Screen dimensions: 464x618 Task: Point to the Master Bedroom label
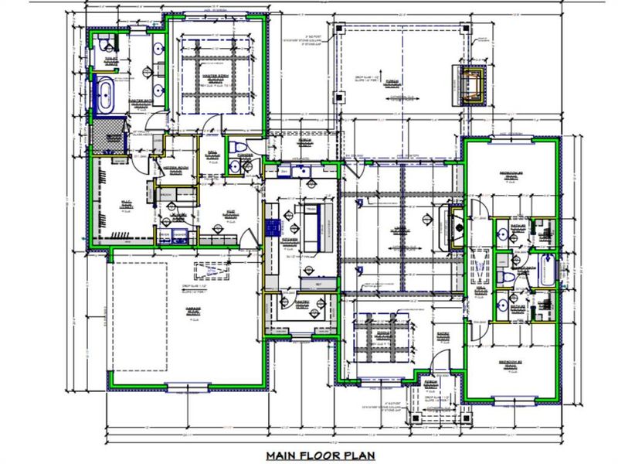[218, 78]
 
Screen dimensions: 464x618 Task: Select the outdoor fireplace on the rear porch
[470, 84]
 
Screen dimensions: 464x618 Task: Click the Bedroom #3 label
[511, 175]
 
